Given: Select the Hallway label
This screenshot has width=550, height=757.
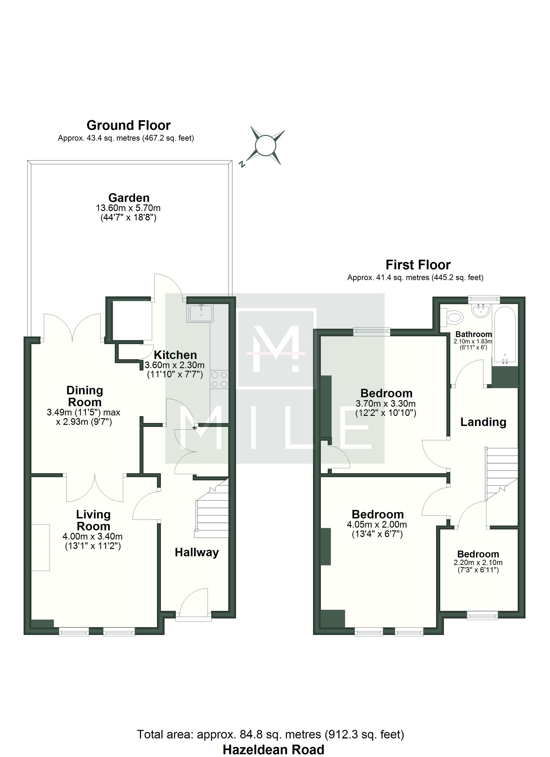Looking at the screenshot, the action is click(197, 552).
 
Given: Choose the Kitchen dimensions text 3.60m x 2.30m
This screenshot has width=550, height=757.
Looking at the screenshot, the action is click(174, 365).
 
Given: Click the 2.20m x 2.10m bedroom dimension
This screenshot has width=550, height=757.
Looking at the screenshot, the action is click(478, 562).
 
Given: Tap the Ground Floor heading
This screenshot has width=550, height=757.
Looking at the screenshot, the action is click(128, 125).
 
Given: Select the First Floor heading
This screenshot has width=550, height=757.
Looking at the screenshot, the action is click(418, 265).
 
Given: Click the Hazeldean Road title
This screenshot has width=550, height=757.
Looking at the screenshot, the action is click(273, 750).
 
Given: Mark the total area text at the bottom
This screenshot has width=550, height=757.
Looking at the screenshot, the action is click(270, 735).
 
